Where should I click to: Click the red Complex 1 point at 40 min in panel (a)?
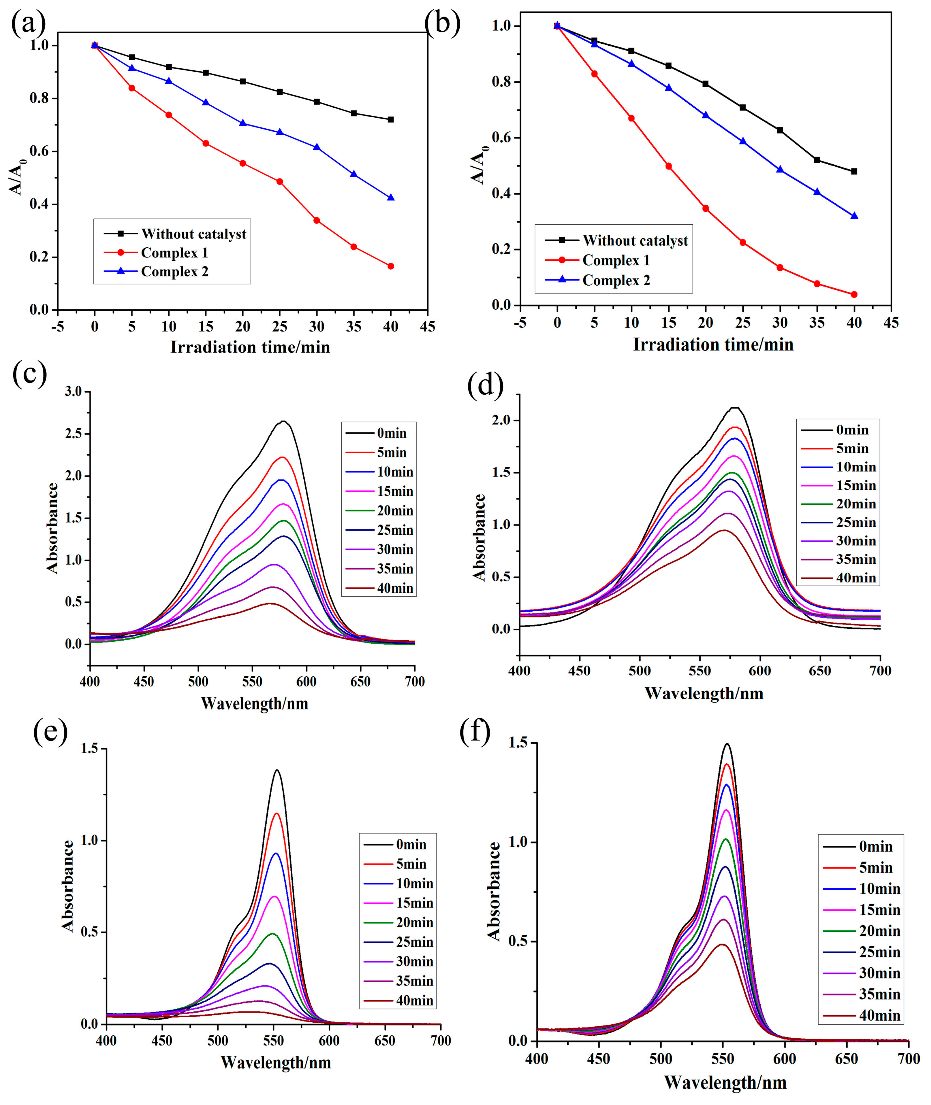click(x=391, y=266)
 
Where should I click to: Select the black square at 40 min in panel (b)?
click(x=854, y=171)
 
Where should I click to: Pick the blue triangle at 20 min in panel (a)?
click(x=243, y=123)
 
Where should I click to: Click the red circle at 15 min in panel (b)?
click(x=669, y=166)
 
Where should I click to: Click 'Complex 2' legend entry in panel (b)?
click(x=616, y=280)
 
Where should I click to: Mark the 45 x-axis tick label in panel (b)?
click(x=891, y=323)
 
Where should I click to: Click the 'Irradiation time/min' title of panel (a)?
click(x=250, y=347)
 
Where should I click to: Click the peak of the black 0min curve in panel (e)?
click(x=277, y=770)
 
